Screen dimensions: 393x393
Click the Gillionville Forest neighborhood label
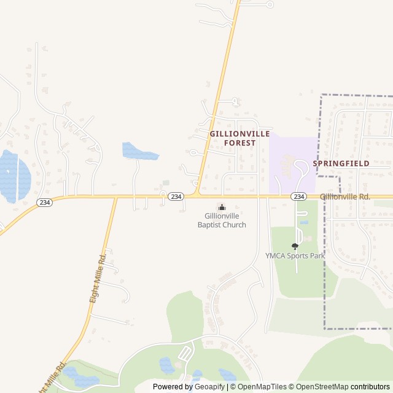pyautogui.click(x=232, y=138)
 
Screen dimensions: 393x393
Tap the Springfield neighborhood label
pyautogui.click(x=341, y=164)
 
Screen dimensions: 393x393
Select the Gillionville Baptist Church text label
pyautogui.click(x=222, y=220)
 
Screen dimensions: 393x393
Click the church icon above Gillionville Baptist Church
pyautogui.click(x=222, y=207)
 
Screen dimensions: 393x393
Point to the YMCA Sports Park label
pyautogui.click(x=295, y=255)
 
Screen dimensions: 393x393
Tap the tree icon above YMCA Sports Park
pyautogui.click(x=295, y=246)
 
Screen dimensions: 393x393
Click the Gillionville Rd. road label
pyautogui.click(x=344, y=196)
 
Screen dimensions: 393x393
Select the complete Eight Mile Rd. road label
pyautogui.click(x=98, y=276)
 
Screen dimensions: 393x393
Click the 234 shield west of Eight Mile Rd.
pyautogui.click(x=44, y=202)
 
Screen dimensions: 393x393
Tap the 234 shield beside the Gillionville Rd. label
pyautogui.click(x=298, y=196)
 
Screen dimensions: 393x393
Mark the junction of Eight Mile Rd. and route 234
pyautogui.click(x=116, y=197)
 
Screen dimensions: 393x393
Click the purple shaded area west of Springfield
pyautogui.click(x=292, y=163)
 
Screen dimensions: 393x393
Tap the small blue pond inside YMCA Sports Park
pyautogui.click(x=304, y=222)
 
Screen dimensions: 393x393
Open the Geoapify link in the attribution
pyautogui.click(x=210, y=387)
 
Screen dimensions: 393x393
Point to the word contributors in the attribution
pyautogui.click(x=370, y=387)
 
